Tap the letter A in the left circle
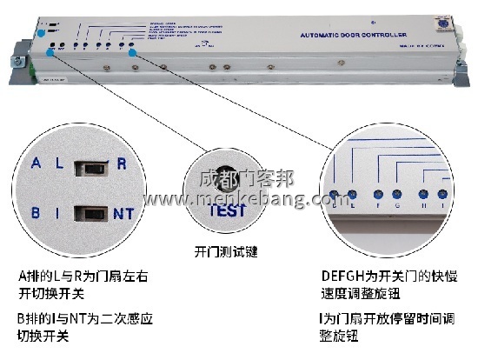[x=36, y=163]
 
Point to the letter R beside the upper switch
[x=122, y=163]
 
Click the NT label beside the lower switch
[x=123, y=211]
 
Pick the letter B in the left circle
[x=36, y=211]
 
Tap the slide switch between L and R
[x=90, y=164]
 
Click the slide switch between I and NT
[x=90, y=211]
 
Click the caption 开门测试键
[x=227, y=253]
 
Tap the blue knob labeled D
[x=333, y=195]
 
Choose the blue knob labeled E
[x=351, y=195]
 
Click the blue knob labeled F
[x=379, y=195]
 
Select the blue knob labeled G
[x=397, y=195]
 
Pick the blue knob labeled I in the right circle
[x=442, y=195]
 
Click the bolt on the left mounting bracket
[x=16, y=62]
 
